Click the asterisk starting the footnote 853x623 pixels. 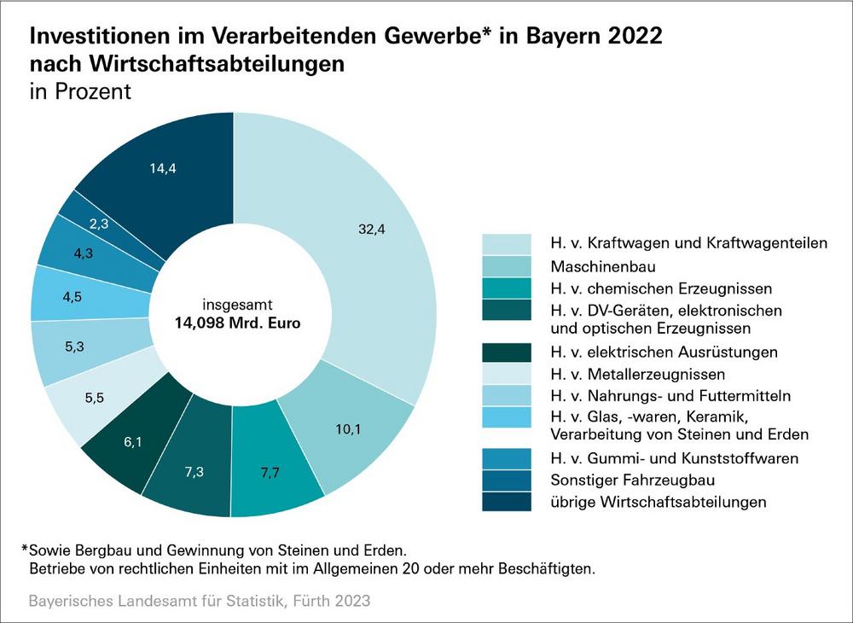(x=25, y=547)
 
